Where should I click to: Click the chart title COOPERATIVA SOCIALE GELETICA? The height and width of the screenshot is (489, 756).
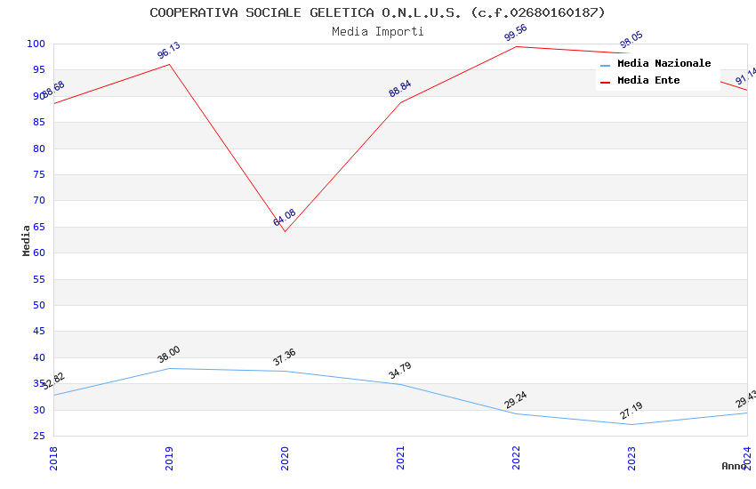pos(377,12)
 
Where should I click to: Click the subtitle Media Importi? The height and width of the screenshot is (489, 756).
pos(377,31)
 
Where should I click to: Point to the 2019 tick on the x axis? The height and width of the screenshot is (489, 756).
pos(169,458)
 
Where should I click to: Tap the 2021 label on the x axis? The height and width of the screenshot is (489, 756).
pos(400,458)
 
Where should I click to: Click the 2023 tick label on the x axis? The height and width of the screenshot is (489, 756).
pos(631,458)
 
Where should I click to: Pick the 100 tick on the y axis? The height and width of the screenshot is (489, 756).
pos(36,44)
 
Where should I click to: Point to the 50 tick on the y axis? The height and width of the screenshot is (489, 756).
pos(39,305)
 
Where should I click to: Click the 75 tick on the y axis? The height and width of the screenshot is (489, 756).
pos(39,174)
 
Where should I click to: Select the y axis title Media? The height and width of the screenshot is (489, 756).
pos(26,240)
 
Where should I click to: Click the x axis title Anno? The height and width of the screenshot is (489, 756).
pos(734,466)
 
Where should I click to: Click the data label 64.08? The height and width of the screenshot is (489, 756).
pos(285,218)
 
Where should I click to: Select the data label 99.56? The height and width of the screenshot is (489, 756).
pos(516,33)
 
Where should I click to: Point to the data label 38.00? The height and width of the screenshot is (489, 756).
pos(169,354)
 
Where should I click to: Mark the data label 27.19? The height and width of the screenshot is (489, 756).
pos(631,411)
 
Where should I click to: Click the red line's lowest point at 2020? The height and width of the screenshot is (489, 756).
pos(285,232)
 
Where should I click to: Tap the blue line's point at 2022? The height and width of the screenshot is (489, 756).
pos(516,413)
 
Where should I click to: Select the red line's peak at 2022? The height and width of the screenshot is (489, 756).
pos(516,46)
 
